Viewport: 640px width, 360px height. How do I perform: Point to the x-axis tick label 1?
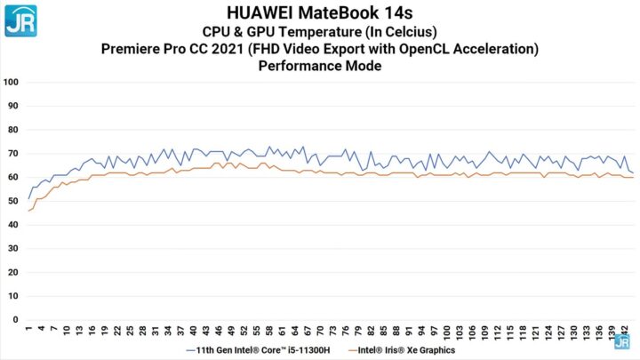click(29, 330)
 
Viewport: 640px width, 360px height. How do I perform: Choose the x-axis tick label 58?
click(269, 332)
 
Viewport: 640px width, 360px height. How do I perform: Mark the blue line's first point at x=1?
click(29, 197)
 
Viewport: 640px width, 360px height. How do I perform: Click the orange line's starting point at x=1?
click(29, 211)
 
